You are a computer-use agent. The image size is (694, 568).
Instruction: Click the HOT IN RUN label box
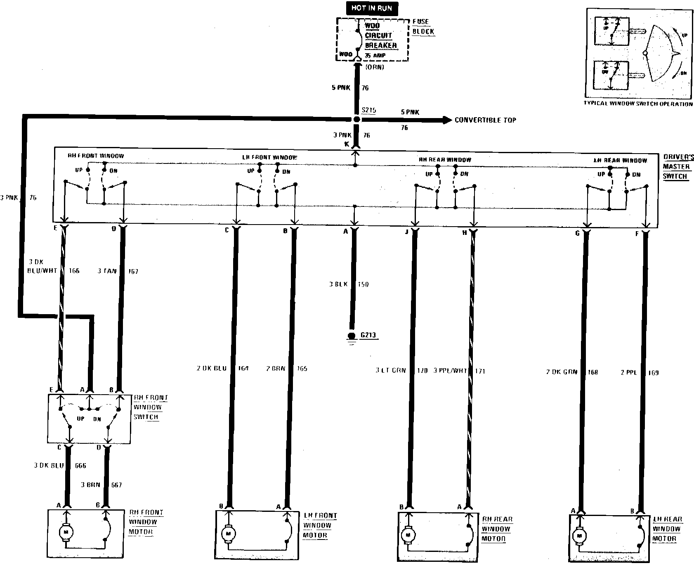pos(372,8)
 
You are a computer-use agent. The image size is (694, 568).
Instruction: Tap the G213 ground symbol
pos(352,336)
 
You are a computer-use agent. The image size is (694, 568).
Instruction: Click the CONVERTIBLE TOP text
pos(485,120)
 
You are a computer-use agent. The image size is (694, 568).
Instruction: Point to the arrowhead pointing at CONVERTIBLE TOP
pos(447,120)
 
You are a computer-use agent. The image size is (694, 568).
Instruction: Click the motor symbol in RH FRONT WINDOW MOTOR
pos(65,532)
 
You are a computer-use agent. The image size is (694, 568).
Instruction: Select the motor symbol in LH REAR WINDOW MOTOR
pos(579,536)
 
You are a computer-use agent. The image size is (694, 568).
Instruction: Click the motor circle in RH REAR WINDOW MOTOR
pos(408,535)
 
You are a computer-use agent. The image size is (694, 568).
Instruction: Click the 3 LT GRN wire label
pos(390,371)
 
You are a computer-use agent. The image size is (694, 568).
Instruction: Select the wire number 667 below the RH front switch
pos(116,485)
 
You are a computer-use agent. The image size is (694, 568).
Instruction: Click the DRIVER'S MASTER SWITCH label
pos(678,167)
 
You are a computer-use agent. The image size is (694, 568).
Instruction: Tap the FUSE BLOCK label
pos(423,26)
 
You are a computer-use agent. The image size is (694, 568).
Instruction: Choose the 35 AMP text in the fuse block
pos(375,55)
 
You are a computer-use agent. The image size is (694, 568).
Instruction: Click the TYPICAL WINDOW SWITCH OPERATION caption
pos(638,104)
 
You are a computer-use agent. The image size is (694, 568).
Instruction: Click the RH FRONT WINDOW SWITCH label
pos(150,407)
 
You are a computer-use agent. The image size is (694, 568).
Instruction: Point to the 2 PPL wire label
pos(628,373)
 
